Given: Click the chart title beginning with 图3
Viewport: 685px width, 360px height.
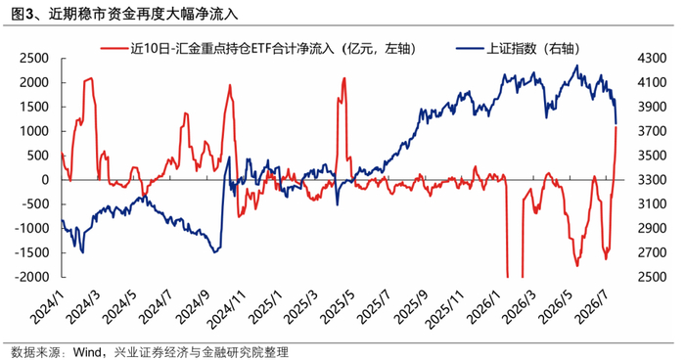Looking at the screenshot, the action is (x=124, y=15).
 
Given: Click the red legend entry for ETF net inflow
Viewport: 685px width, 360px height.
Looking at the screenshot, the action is (x=258, y=49).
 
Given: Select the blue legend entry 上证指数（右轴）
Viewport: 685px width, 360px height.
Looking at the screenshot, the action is (x=518, y=49).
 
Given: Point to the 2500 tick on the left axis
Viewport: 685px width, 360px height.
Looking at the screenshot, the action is (x=33, y=58).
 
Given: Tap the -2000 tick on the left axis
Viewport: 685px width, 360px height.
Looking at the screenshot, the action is (x=31, y=277).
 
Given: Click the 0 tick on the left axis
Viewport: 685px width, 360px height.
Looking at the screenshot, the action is (x=45, y=180).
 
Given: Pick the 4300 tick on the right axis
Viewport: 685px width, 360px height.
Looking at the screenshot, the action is (x=653, y=58).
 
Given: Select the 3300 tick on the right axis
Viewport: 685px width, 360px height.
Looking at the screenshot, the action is (x=653, y=180).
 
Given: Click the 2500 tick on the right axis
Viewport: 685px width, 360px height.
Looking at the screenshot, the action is (x=653, y=277).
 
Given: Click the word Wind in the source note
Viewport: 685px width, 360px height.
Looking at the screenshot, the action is (x=87, y=352).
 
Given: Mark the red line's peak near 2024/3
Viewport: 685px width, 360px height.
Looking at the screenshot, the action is (x=90, y=78).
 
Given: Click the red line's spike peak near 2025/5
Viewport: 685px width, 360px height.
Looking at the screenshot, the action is (x=344, y=78).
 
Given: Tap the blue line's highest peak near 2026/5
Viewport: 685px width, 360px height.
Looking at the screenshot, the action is (x=577, y=66).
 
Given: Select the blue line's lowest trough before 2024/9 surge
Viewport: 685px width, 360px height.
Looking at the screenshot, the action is (x=214, y=252).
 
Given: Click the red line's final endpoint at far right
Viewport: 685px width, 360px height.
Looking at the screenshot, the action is (x=616, y=127).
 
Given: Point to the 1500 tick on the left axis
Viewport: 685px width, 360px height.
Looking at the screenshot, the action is (x=33, y=107).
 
